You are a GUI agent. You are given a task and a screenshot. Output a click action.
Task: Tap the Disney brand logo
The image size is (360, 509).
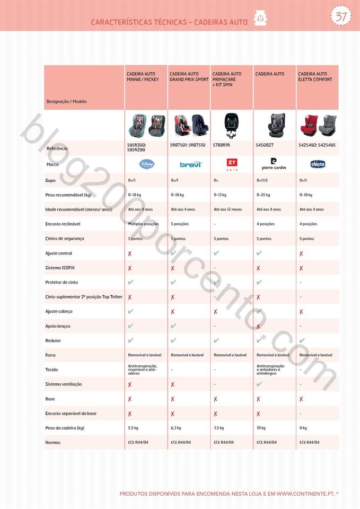(146, 164)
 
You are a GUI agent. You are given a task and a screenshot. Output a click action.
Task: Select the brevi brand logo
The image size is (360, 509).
(189, 164)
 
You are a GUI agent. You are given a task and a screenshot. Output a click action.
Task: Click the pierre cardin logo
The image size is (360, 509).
(274, 164)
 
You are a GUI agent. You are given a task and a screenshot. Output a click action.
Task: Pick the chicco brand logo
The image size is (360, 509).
(318, 164)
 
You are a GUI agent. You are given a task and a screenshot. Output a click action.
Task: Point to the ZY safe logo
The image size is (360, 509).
(232, 164)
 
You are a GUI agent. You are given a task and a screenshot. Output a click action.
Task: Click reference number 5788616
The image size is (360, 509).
(222, 145)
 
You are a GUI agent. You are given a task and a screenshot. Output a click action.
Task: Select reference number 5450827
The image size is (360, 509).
(265, 145)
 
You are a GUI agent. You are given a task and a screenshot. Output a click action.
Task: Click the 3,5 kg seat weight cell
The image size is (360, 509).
(218, 428)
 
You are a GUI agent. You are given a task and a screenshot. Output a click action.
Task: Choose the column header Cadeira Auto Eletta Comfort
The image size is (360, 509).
(315, 77)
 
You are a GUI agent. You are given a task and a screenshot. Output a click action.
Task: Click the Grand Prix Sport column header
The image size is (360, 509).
(189, 77)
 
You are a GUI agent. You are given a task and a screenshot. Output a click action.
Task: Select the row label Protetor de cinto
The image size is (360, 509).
(62, 283)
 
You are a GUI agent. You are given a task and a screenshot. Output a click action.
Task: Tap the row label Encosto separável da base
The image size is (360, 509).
(71, 414)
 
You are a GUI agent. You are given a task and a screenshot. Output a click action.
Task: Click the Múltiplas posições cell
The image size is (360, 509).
(143, 224)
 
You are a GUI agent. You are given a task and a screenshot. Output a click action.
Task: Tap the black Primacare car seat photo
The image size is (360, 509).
(231, 125)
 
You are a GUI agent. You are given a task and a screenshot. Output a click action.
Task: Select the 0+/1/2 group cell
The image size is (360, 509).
(262, 181)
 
